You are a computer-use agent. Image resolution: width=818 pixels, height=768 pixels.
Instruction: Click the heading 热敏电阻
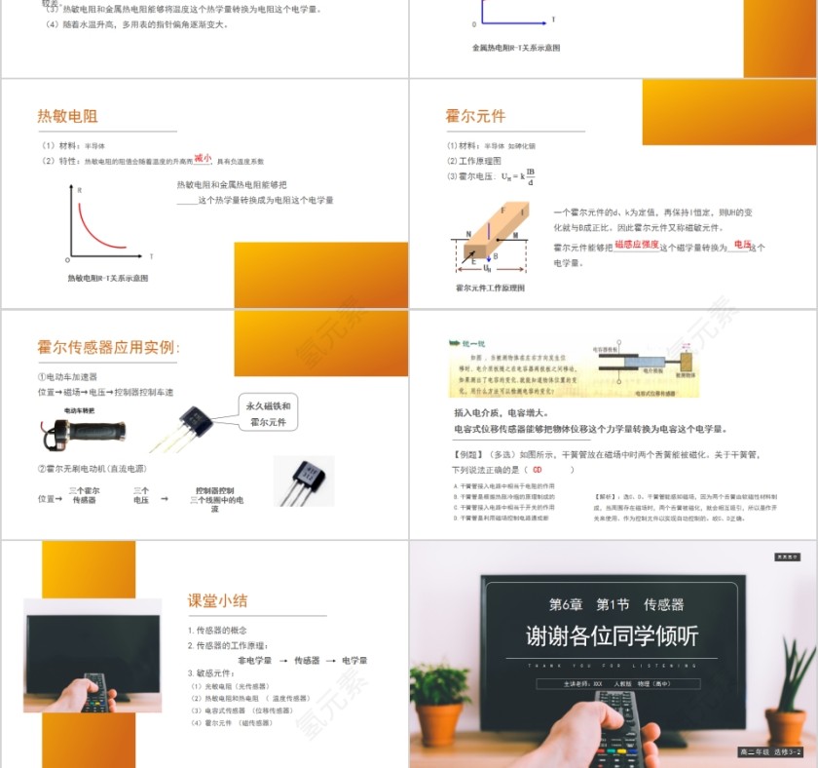(67, 116)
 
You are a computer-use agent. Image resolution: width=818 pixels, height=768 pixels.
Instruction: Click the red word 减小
(203, 157)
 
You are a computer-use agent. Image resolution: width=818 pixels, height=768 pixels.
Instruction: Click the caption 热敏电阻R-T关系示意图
(107, 278)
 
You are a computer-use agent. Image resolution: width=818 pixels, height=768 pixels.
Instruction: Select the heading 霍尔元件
(475, 116)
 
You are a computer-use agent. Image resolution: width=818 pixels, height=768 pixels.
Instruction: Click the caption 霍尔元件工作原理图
(490, 288)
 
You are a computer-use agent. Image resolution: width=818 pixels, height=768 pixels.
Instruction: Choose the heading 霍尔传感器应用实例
(108, 347)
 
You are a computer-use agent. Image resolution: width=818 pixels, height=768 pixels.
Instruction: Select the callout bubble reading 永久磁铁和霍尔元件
(267, 413)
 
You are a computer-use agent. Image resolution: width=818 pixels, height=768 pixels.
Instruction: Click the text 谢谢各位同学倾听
(612, 636)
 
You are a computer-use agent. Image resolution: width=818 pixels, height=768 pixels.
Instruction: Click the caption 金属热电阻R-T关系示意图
(515, 47)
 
